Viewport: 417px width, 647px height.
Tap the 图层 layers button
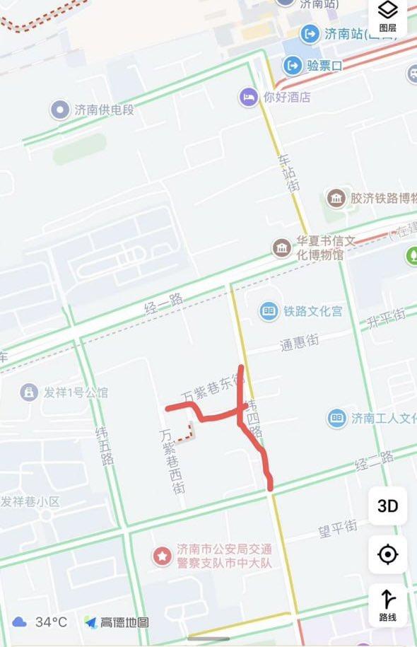[x=388, y=16]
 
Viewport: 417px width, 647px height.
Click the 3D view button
[x=387, y=506]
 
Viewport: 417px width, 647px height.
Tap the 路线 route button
[x=387, y=605]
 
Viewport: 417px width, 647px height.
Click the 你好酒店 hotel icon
[x=247, y=97]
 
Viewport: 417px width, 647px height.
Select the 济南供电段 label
[x=103, y=110]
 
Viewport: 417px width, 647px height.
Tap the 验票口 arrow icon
[x=293, y=66]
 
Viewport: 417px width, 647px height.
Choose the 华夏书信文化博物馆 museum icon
[x=282, y=248]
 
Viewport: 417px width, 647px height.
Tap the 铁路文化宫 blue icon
[x=269, y=310]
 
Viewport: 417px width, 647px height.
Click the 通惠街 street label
[x=299, y=342]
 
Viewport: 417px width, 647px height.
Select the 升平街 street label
[x=386, y=319]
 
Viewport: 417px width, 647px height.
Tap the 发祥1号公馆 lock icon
[x=29, y=392]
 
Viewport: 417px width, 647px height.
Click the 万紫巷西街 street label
[x=173, y=461]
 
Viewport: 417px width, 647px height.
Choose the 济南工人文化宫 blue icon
[x=337, y=418]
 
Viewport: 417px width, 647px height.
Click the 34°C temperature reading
[x=52, y=622]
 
